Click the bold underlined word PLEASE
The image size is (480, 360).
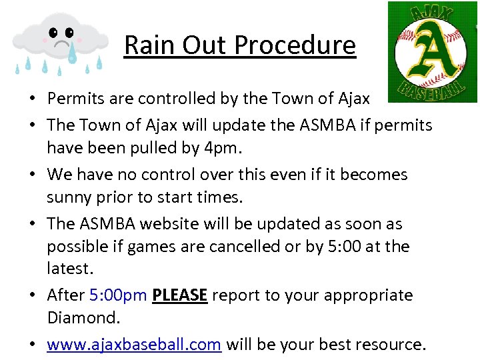coord(180,295)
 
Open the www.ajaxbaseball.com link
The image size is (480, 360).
coord(133,345)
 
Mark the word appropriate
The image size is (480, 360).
coord(361,295)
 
